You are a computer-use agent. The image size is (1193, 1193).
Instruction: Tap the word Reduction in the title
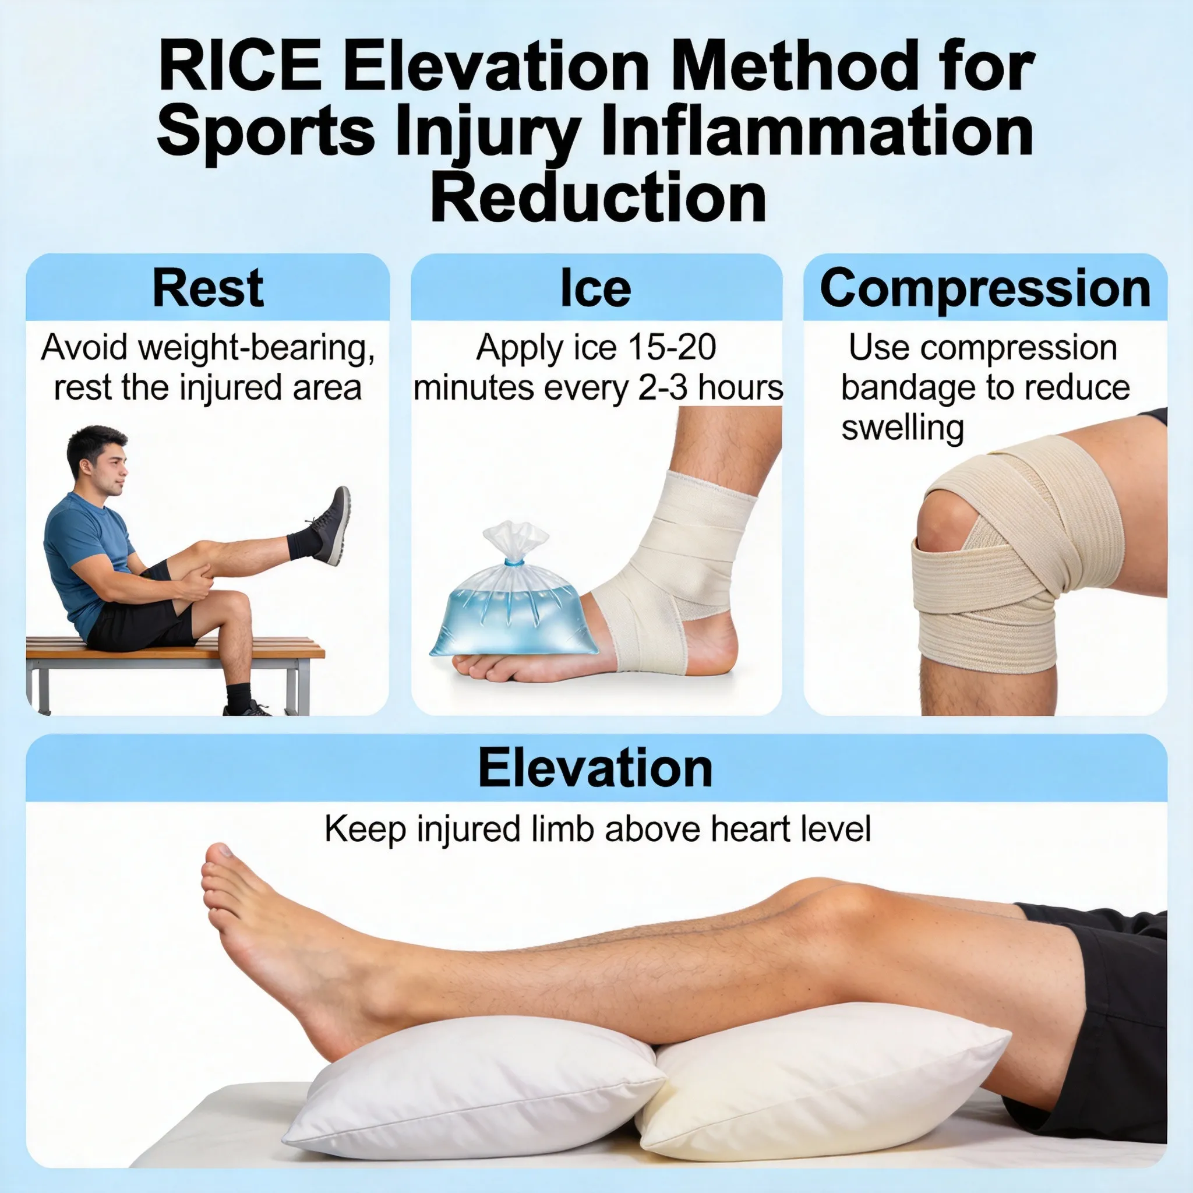(x=598, y=198)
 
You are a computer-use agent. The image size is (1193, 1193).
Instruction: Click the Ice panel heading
(x=595, y=288)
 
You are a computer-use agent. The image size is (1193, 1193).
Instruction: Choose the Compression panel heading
(x=985, y=288)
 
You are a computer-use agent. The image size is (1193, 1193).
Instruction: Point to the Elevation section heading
(x=595, y=768)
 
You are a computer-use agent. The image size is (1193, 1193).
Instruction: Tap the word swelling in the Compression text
(x=902, y=428)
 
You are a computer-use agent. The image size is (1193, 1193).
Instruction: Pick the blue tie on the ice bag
(x=513, y=563)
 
